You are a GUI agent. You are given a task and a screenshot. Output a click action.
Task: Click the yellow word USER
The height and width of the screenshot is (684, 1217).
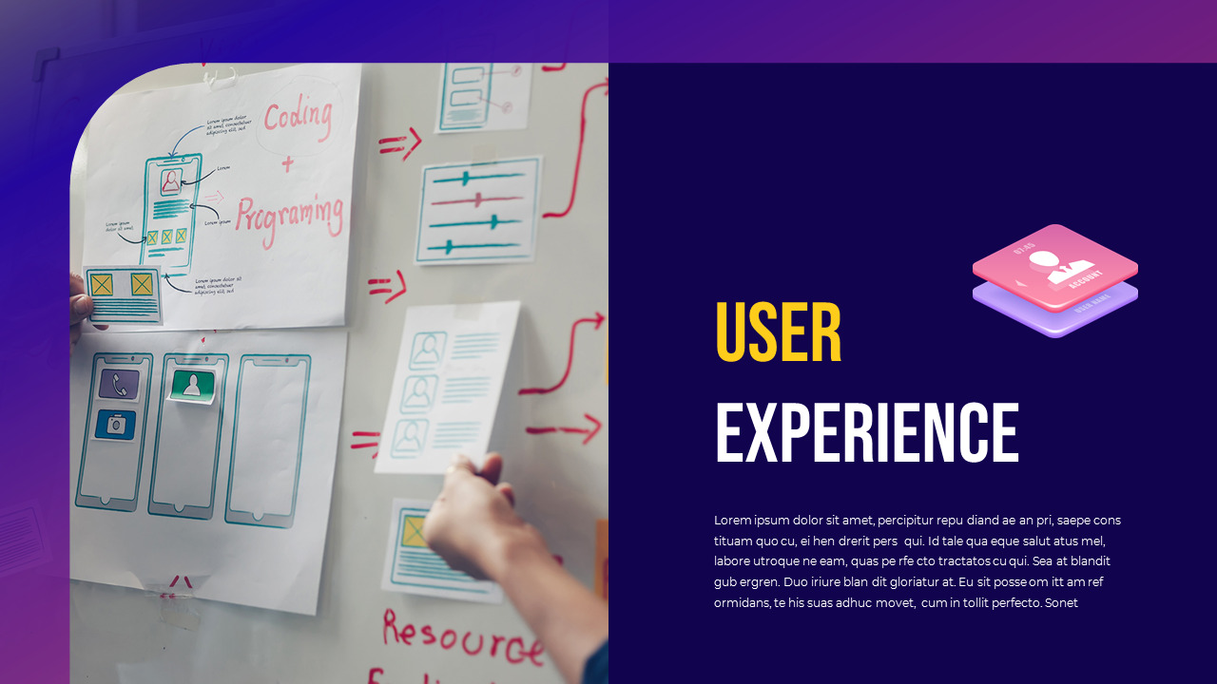tap(778, 332)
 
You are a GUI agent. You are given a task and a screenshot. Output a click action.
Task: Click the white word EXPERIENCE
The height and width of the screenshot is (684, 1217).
tap(866, 433)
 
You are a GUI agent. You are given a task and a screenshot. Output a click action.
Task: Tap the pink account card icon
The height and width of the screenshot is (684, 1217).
tap(1054, 265)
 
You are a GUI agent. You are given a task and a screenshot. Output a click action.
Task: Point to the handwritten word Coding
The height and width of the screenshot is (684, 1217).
tap(298, 119)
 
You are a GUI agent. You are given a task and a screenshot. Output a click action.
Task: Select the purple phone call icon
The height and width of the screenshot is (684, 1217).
tap(119, 384)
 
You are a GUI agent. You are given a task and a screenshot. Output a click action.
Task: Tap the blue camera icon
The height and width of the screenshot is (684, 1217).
tap(116, 424)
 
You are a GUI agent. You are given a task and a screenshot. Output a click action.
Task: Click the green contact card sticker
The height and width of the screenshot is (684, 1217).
tap(192, 385)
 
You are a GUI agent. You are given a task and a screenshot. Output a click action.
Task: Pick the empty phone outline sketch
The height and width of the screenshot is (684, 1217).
tap(267, 439)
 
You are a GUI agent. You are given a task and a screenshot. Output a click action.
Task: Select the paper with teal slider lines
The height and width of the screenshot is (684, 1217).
tap(477, 209)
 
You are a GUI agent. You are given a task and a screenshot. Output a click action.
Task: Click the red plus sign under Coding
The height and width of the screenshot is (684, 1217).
tap(287, 165)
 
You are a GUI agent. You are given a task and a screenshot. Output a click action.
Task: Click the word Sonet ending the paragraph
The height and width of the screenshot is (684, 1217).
tap(1061, 602)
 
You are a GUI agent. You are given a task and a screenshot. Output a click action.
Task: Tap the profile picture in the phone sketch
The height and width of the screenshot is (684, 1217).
tap(170, 181)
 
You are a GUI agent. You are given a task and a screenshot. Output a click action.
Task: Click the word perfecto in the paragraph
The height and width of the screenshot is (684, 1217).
tap(1014, 602)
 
